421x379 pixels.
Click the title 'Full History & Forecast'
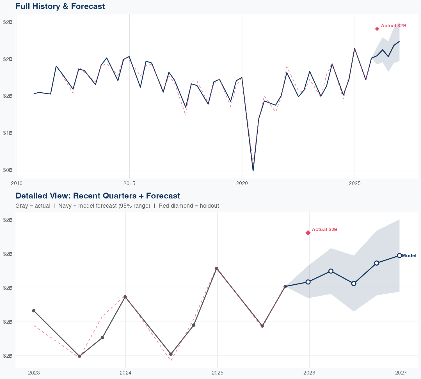point(60,6)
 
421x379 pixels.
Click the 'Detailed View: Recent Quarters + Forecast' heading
point(98,196)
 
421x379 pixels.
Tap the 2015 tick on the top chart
point(129,184)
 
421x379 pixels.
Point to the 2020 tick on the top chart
point(242,184)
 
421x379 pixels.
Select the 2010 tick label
point(17,184)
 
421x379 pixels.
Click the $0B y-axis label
point(8,170)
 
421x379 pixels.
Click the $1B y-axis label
point(8,133)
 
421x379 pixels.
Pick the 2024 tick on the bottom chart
point(125,373)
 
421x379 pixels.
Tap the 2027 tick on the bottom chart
point(401,373)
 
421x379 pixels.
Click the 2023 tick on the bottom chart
point(34,373)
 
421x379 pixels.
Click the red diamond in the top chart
point(377,29)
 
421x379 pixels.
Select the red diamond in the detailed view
point(308,233)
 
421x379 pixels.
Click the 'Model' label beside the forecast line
point(409,256)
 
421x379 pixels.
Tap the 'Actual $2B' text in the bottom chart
point(324,230)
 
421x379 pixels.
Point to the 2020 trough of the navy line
point(253,171)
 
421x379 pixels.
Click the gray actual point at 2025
point(216,268)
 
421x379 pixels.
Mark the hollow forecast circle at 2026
point(308,282)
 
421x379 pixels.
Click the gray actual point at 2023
point(34,311)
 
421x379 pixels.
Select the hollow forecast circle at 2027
point(399,255)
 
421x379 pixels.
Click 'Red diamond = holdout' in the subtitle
point(189,206)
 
